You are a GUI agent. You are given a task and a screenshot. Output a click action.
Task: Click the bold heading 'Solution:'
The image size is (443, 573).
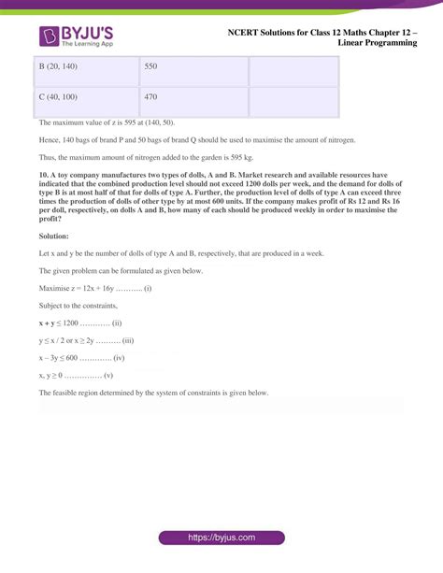click(54, 236)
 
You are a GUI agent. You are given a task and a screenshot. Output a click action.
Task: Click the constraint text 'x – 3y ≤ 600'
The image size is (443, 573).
click(64, 358)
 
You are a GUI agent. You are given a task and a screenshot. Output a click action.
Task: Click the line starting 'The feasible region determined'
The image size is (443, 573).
click(154, 394)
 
